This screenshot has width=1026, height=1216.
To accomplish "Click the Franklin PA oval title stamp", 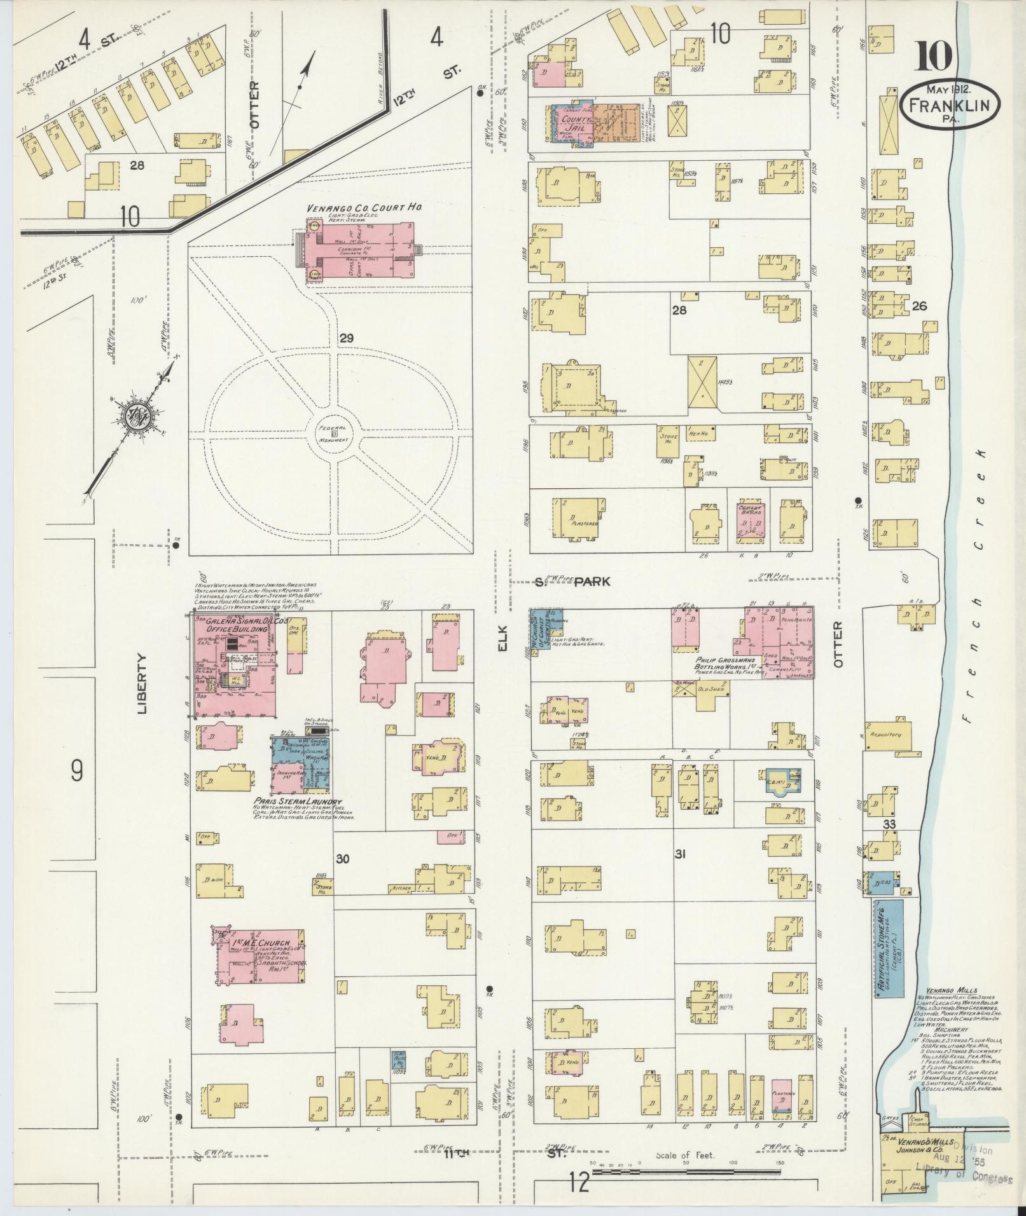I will (950, 104).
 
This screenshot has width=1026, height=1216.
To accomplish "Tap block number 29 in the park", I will (346, 338).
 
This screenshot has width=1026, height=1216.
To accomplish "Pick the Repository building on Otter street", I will (887, 735).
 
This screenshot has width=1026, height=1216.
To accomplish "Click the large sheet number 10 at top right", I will (934, 57).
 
